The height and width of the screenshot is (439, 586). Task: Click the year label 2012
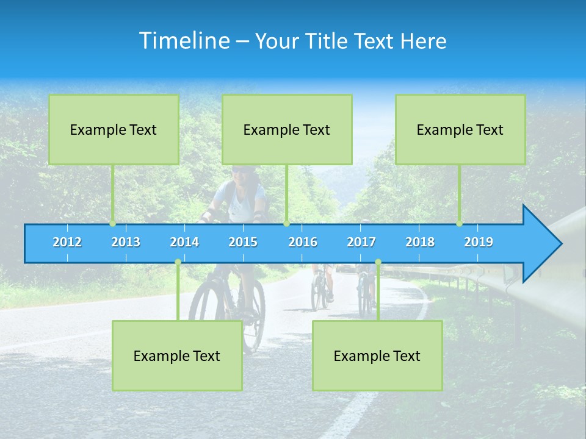click(67, 242)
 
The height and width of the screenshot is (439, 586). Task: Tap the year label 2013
click(126, 242)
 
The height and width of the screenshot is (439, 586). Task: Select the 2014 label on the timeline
click(184, 242)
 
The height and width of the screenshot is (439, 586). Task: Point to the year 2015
click(243, 242)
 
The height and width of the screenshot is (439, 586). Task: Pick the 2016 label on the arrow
click(303, 242)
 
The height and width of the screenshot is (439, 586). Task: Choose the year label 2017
click(361, 242)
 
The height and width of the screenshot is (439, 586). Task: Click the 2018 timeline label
click(420, 242)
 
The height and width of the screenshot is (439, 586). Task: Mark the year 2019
click(479, 242)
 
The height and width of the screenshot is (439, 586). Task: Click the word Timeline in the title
click(184, 41)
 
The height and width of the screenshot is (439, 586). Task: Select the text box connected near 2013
click(114, 129)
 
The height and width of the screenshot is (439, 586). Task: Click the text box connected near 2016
click(287, 129)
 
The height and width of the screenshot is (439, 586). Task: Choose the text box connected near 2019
click(460, 129)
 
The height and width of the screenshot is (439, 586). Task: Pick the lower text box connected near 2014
click(177, 355)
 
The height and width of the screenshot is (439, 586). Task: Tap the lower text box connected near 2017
click(377, 355)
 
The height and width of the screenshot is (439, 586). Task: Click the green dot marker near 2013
click(113, 224)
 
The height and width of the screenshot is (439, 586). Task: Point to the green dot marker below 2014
click(178, 262)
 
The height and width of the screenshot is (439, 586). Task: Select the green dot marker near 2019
click(460, 224)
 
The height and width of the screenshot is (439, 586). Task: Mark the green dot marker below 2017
click(378, 262)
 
